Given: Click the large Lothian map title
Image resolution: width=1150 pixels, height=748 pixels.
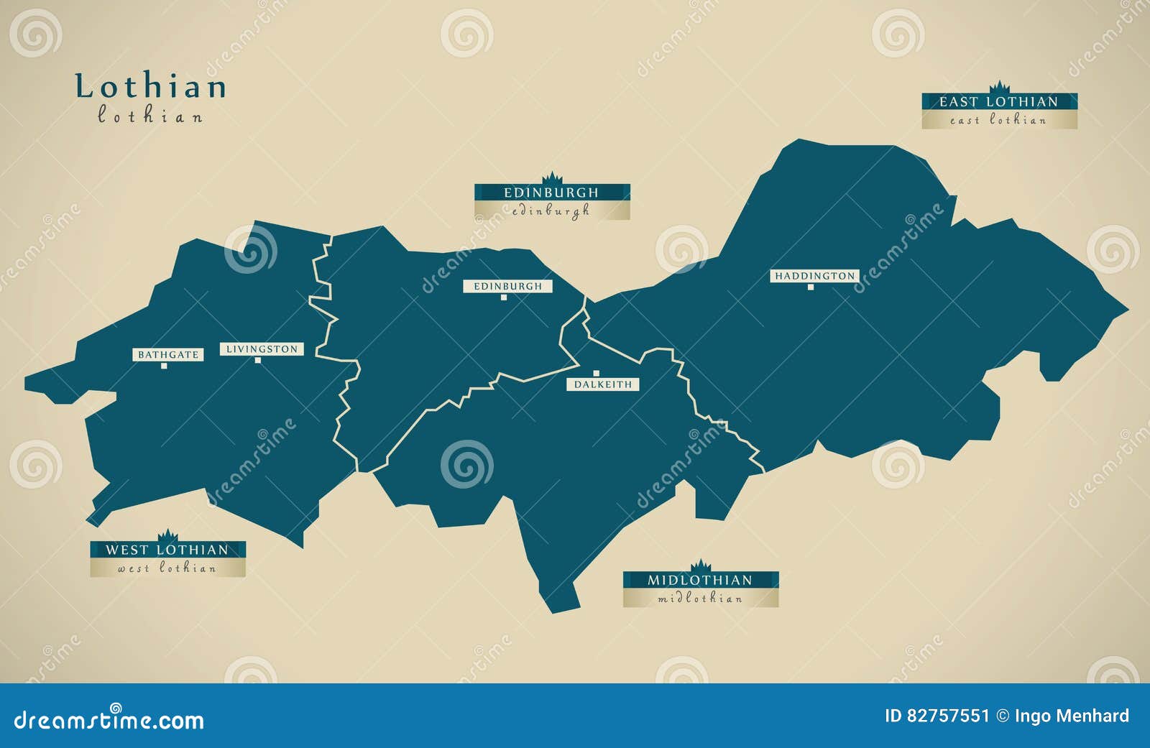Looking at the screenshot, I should point(151,86).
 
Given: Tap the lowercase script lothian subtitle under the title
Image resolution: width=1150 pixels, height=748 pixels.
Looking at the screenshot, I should point(150,116).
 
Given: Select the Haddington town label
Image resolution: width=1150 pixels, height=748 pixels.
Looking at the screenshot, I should point(814,276).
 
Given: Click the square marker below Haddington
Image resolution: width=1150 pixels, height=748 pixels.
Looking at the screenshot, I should point(811,287).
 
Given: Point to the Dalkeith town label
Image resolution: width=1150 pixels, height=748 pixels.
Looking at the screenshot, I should point(603,384).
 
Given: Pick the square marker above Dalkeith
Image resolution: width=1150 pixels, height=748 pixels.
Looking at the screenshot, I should point(596,373).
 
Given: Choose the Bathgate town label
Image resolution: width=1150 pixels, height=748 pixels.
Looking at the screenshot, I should point(168,355).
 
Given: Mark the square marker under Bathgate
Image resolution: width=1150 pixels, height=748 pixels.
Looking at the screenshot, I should point(164,366).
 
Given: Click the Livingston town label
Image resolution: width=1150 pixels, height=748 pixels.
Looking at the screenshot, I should point(262,349).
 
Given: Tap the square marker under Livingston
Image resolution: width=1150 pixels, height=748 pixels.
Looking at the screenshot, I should point(257,360).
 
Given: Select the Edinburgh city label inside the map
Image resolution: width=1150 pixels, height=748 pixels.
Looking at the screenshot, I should point(507,286).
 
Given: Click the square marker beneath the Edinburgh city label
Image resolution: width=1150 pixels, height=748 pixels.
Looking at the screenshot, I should point(504,297).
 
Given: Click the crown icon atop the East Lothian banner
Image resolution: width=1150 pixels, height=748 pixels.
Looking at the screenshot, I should point(999,88).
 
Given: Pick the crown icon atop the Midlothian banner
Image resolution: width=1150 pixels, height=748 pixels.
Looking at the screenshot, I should point(700,565).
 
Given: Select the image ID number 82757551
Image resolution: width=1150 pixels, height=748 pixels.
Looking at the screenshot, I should point(947,716).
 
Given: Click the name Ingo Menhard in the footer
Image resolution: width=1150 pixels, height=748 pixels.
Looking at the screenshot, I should point(1072,716).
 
